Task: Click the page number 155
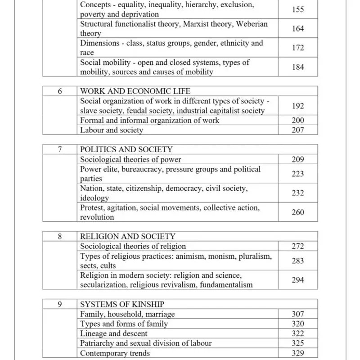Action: click(x=297, y=9)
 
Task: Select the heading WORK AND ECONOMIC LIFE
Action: click(x=129, y=91)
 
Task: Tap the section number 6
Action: click(x=60, y=91)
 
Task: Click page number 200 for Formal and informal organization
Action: click(x=297, y=120)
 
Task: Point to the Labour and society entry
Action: click(x=112, y=130)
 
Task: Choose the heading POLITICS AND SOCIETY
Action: click(x=126, y=149)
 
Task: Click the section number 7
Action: click(x=60, y=149)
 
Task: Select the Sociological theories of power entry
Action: click(x=130, y=159)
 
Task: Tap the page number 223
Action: click(x=297, y=174)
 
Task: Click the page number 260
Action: click(x=297, y=212)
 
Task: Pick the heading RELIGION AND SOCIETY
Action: click(x=128, y=236)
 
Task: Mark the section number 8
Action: click(x=60, y=236)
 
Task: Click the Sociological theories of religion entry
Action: click(x=133, y=246)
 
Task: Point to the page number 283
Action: click(x=297, y=261)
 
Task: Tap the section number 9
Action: click(x=60, y=304)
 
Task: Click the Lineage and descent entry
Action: click(x=114, y=333)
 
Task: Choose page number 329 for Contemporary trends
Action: click(x=297, y=353)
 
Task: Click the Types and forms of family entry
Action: click(x=124, y=324)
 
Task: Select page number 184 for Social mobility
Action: click(x=297, y=67)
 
